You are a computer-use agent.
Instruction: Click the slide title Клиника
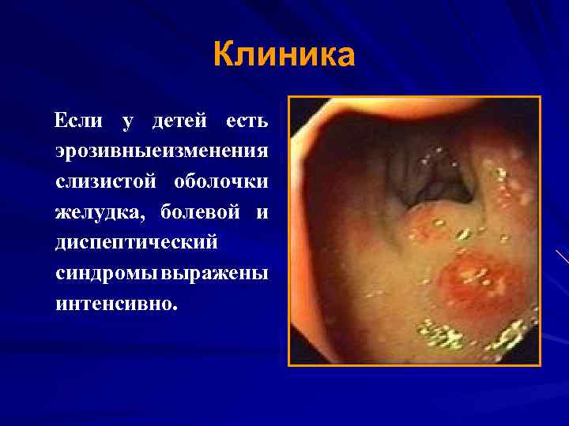click(x=284, y=56)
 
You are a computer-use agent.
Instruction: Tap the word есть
click(x=247, y=121)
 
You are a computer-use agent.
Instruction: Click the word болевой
click(x=200, y=212)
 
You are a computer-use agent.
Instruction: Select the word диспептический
click(x=136, y=242)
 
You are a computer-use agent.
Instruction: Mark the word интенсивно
click(x=112, y=302)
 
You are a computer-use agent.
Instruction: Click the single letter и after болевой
click(x=262, y=212)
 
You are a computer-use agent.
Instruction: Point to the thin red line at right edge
click(x=562, y=256)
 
